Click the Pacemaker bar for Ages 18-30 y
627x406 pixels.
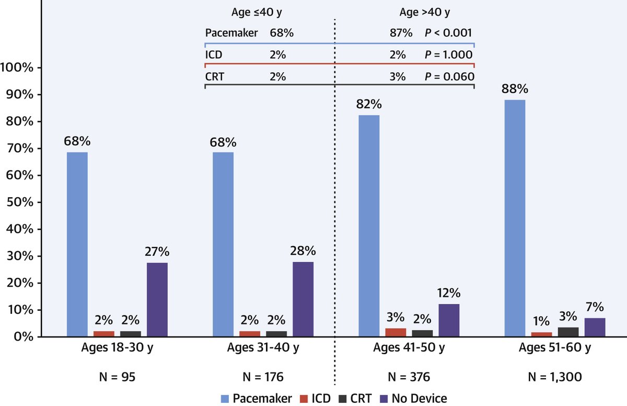[x=77, y=244]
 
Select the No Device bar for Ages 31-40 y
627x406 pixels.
[x=303, y=299]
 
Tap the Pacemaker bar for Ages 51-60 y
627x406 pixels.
[x=515, y=218]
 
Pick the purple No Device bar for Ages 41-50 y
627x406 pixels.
[x=449, y=320]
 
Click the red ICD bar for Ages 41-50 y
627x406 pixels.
[x=396, y=332]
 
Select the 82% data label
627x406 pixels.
[x=369, y=103]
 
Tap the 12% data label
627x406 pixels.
[x=449, y=292]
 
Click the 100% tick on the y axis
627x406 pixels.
[x=18, y=67]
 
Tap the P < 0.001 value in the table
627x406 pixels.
[x=448, y=33]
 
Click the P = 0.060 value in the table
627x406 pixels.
[x=448, y=76]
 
